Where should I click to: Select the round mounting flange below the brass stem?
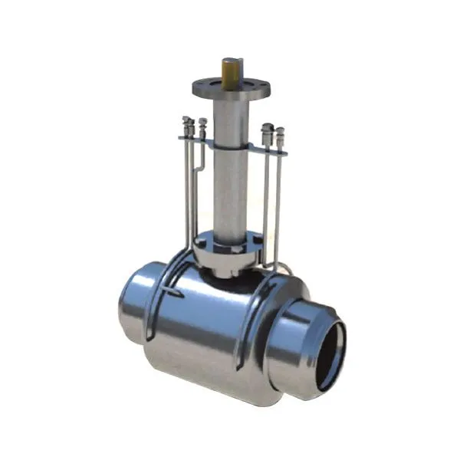click(231, 89)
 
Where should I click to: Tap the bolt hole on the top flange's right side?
click(258, 86)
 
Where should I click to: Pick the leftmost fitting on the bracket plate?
click(186, 127)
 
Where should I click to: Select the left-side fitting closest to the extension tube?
click(202, 128)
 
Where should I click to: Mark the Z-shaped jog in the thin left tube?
click(199, 161)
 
